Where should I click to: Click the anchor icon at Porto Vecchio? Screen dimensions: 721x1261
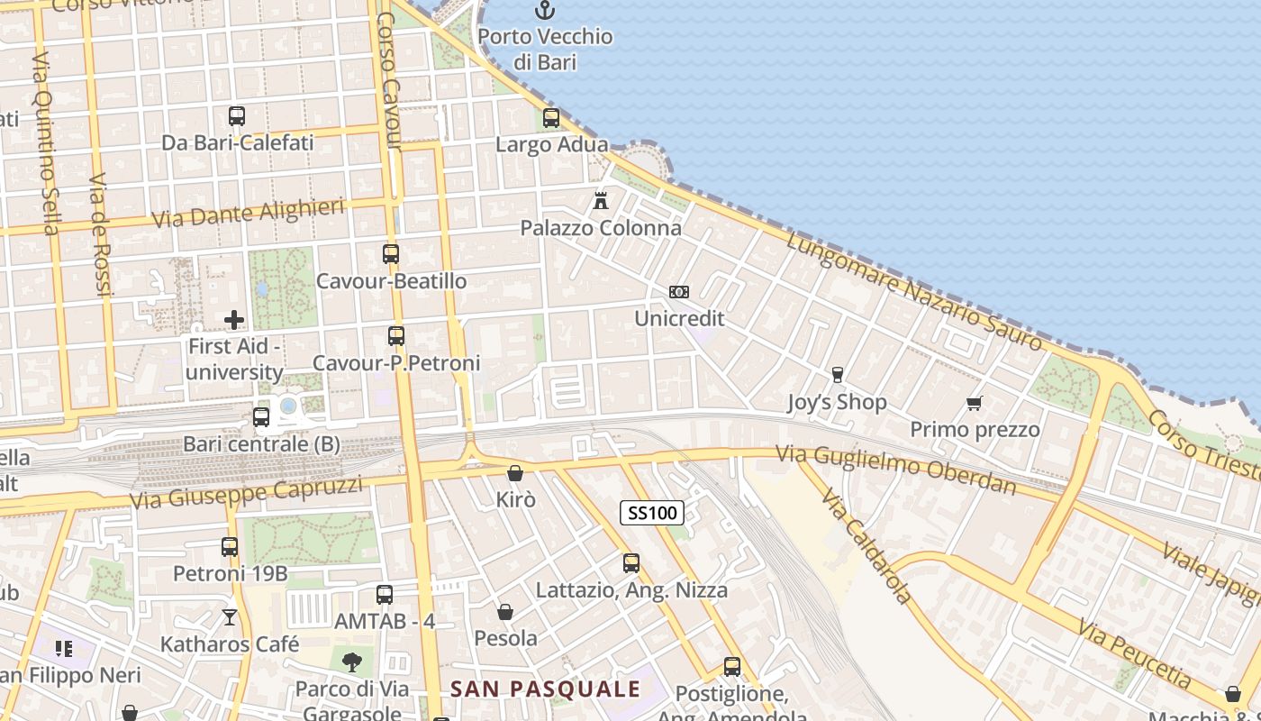click(545, 11)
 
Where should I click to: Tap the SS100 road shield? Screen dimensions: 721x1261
click(652, 514)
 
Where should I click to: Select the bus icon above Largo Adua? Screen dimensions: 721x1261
click(551, 118)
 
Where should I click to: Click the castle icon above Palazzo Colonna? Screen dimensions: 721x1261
click(601, 200)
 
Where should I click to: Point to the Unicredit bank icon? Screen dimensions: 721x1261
click(679, 292)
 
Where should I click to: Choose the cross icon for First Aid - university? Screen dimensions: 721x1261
click(234, 320)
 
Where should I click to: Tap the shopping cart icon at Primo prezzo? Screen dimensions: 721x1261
click(974, 403)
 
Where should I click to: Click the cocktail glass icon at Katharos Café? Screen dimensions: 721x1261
click(230, 617)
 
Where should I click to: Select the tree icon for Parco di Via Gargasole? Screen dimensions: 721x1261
click(352, 662)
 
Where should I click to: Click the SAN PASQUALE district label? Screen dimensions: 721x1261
click(545, 690)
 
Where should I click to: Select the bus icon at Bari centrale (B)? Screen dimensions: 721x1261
click(261, 417)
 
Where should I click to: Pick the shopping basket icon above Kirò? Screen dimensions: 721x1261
click(515, 473)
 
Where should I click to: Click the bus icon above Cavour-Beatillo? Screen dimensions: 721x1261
click(391, 254)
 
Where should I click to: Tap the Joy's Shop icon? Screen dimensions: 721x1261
click(838, 375)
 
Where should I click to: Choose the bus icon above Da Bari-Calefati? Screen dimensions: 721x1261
click(237, 116)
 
